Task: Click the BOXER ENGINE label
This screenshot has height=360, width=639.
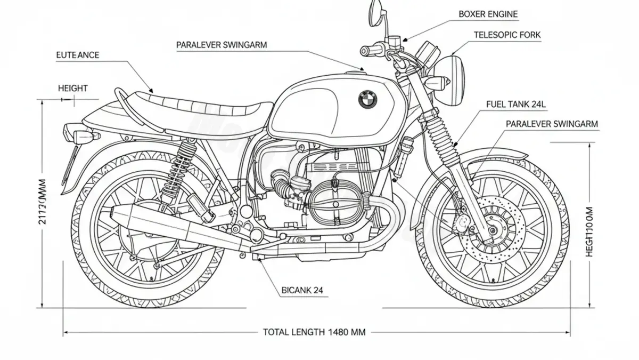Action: coord(488,14)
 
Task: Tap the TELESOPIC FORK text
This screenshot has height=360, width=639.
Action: coord(507,35)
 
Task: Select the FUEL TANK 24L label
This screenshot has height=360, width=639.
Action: coord(515,105)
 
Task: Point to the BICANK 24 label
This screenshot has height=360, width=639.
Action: coord(301,291)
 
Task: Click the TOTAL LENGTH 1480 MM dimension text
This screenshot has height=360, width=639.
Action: coord(314,332)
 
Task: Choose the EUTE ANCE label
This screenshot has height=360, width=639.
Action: coord(77,55)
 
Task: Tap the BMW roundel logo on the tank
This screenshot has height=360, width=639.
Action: coord(367,98)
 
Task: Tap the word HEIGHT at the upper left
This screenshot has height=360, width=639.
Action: coord(72,88)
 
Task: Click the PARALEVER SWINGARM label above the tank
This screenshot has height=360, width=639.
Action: coord(222,45)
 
